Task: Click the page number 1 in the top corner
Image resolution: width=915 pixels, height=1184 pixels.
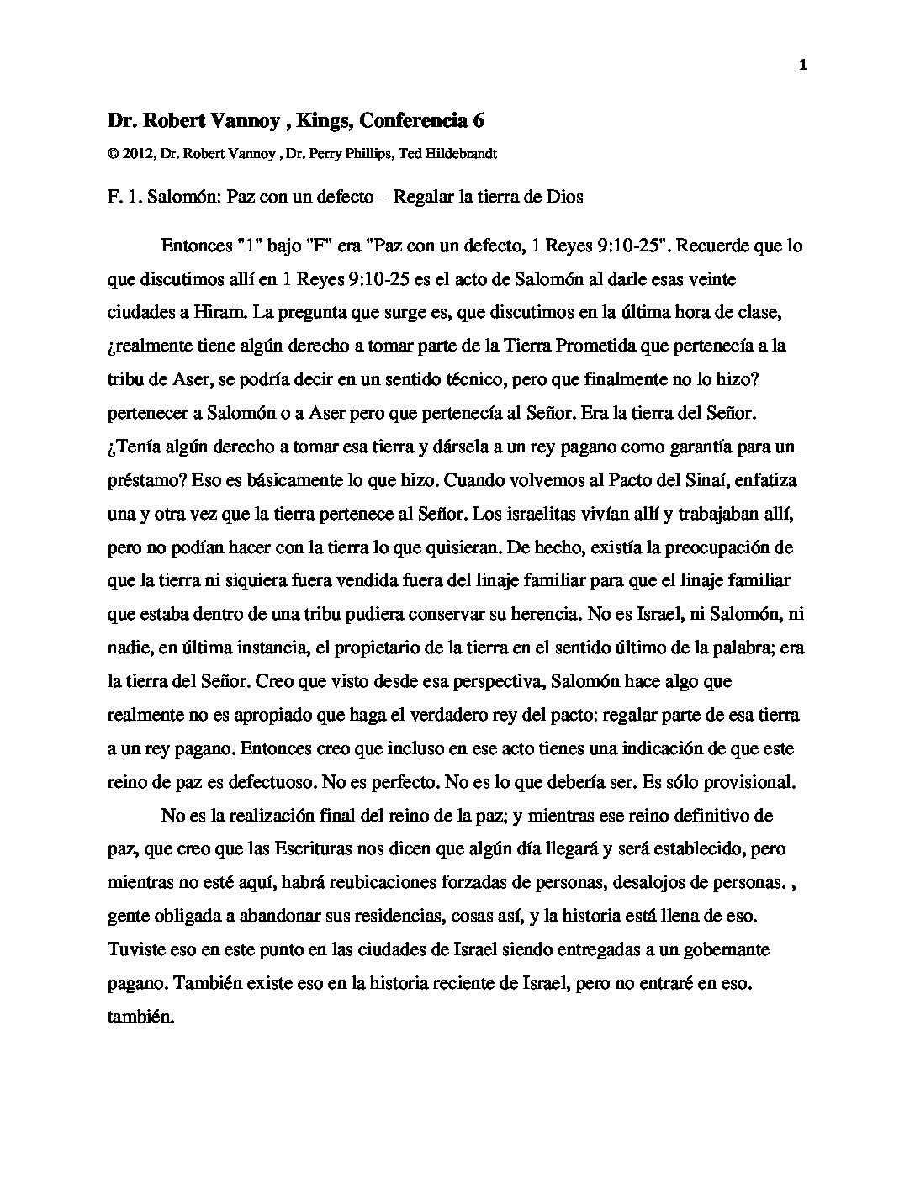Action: click(x=802, y=66)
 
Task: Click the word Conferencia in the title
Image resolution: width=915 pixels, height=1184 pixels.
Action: click(x=409, y=121)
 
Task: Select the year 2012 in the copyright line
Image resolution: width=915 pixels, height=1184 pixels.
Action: click(x=135, y=155)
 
